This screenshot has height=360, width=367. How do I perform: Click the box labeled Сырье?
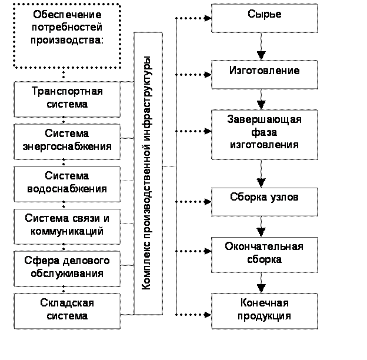point(265,18)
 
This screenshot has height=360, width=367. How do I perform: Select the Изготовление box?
point(265,75)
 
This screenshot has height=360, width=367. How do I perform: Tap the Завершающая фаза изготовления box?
point(265,135)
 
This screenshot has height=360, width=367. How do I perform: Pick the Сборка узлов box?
point(265,202)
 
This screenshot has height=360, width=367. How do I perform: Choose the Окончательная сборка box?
point(265,255)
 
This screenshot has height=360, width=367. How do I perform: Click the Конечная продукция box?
point(265,311)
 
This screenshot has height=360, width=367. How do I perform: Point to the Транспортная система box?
point(67,99)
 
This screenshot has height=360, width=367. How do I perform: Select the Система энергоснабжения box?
point(67,142)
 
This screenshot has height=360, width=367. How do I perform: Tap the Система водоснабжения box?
point(67,184)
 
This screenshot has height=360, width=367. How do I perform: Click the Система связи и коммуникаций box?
point(67,226)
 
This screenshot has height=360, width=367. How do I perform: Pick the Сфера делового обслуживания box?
point(67,269)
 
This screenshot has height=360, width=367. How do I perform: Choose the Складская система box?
point(67,311)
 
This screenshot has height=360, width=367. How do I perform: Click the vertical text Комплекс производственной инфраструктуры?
point(146,173)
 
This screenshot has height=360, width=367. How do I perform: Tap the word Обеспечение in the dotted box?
point(67,15)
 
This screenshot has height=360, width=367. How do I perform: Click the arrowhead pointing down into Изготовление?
point(261,55)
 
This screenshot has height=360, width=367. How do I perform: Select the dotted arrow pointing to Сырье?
point(193,18)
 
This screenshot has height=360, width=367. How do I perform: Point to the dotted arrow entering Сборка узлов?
point(193,202)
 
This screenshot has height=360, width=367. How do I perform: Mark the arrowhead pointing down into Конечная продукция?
point(261,288)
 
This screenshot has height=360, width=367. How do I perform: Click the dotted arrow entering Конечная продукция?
point(193,315)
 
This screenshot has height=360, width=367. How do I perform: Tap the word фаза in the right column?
point(264,132)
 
